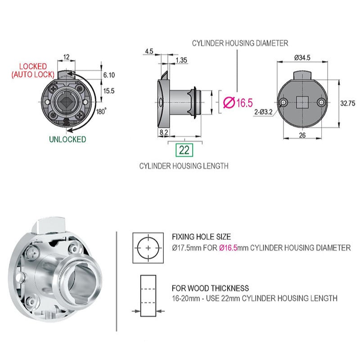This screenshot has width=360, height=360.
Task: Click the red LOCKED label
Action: (x=33, y=66)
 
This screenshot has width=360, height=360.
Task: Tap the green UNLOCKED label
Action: (x=67, y=139)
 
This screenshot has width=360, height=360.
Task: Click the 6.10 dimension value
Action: (x=108, y=75)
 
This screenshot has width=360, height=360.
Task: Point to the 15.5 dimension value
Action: (x=108, y=90)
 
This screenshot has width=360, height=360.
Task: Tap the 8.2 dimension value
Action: (x=164, y=132)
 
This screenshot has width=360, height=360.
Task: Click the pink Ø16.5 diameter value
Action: (x=238, y=103)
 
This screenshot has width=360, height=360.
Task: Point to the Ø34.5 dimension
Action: (x=302, y=58)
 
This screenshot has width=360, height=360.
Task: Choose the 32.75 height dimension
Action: (x=348, y=103)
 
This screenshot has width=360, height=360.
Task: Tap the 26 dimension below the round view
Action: (x=302, y=135)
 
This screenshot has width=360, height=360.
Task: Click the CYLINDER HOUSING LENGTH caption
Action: (x=184, y=166)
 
